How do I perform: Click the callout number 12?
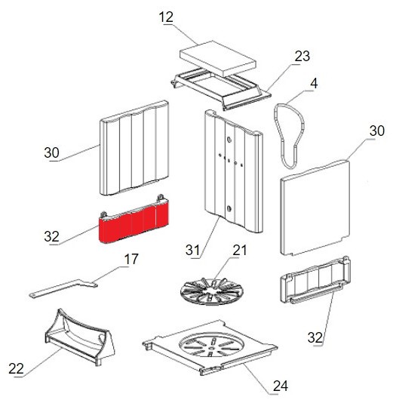pos(166,17)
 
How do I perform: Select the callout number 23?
pos(302,56)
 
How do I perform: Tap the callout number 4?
pos(314,84)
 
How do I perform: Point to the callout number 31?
pos(192,250)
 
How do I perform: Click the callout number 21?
pos(239,251)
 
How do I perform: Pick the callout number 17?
pos(131,259)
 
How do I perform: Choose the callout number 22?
pos(16,368)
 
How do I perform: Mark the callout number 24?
pos(281,386)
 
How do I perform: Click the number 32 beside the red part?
pos(51,236)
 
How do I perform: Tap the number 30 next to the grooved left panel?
pos(51,152)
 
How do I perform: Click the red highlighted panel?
pos(134,223)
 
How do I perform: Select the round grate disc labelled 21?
pos(212,291)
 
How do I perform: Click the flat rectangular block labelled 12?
pos(218,58)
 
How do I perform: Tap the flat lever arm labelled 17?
pos(63,288)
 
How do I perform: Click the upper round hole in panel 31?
pos(229,140)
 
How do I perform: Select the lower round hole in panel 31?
pos(229,208)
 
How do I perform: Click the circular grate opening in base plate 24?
pos(211,344)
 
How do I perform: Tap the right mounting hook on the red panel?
pos(161,198)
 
